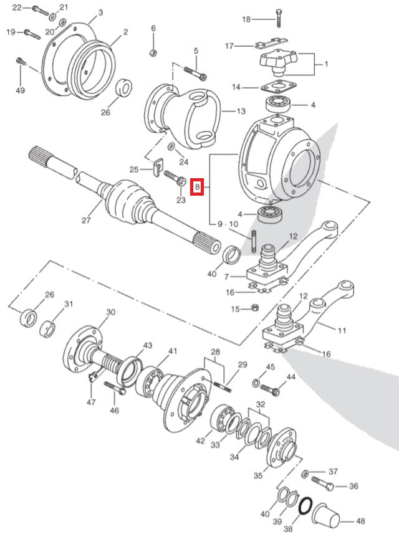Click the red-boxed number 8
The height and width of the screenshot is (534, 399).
click(x=197, y=186)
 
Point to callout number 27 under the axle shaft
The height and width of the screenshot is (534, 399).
click(x=86, y=219)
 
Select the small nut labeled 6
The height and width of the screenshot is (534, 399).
click(x=153, y=51)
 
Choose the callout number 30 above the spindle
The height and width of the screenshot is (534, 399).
click(x=111, y=312)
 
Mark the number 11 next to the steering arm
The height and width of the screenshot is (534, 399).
click(x=342, y=330)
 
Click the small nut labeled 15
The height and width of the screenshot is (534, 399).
click(x=254, y=308)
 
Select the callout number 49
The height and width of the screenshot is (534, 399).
click(x=20, y=91)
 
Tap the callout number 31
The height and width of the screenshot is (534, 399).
click(x=69, y=303)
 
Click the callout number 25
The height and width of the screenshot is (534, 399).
click(x=133, y=169)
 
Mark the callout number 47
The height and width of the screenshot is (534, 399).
click(x=92, y=402)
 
